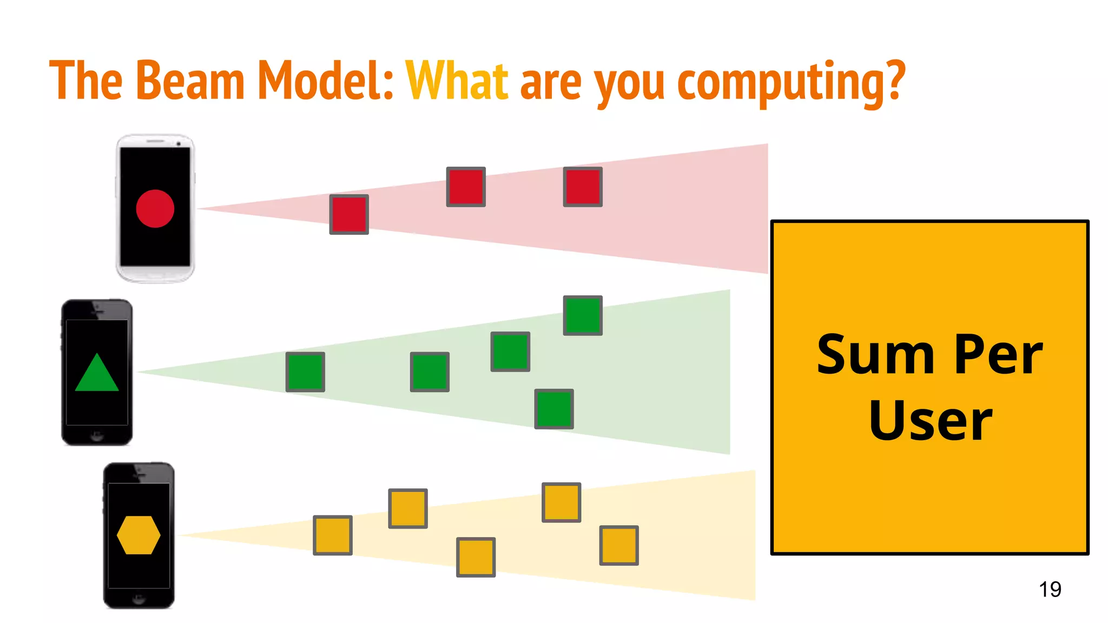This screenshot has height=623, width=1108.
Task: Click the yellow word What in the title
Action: coord(457,81)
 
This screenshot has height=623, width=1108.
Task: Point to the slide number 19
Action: coord(1050,589)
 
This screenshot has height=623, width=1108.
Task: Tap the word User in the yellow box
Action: coord(930,421)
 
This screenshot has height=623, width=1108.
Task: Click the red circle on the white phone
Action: coord(155,209)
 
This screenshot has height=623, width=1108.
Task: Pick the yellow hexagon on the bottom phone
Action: coord(138,535)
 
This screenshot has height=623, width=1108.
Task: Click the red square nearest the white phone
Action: coord(349,215)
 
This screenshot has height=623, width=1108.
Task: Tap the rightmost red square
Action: coord(583,187)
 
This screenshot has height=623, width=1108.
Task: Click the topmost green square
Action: coord(583,315)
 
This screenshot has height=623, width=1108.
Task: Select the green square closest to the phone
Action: coord(305,372)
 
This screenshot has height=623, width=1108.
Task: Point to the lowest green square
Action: coord(554,409)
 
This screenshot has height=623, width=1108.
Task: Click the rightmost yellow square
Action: coord(619,545)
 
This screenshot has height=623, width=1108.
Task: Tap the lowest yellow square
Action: coord(476,557)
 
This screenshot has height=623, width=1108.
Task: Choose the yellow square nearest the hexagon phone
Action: coord(333,535)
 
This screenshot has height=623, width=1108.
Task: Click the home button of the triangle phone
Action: coord(97,435)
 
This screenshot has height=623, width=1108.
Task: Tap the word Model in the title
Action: coord(325,81)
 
